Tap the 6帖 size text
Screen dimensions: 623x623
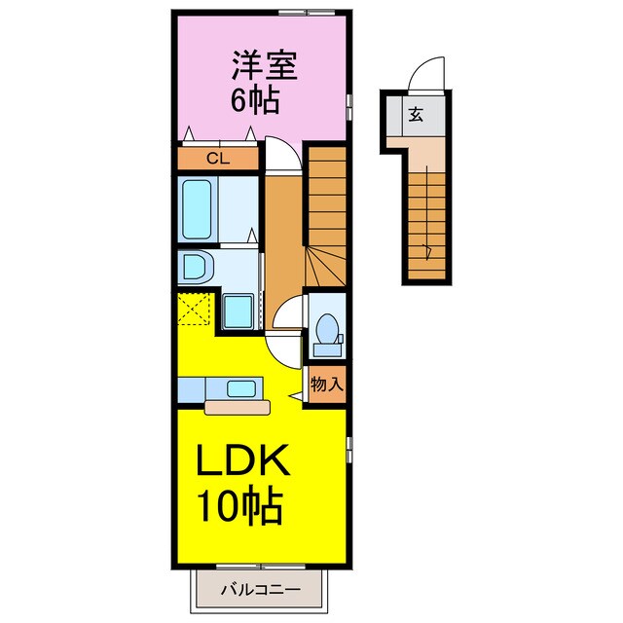[x=256, y=99]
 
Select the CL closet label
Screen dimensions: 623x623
[x=218, y=158]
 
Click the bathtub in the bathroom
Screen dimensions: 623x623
[x=200, y=209]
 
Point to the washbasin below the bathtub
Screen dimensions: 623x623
[x=195, y=266]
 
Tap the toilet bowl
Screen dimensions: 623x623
[x=327, y=327]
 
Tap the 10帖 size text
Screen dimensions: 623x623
[x=241, y=506]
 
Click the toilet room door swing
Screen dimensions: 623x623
[x=289, y=315]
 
